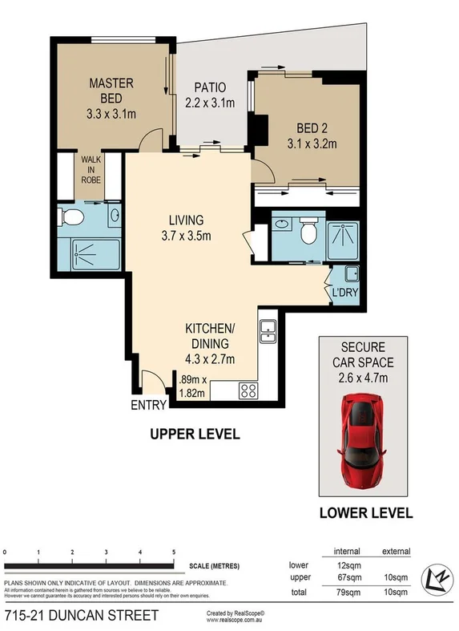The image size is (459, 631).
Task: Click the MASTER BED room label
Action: point(111,99)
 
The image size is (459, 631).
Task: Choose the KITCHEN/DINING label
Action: point(209,338)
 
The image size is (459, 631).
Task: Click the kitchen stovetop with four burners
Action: point(248,391)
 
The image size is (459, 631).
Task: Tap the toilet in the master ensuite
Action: point(70,216)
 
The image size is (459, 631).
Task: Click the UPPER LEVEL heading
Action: point(195,435)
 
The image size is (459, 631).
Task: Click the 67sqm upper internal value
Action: point(346,577)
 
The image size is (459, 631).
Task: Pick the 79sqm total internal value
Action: point(346,593)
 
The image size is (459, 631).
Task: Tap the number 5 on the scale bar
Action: point(174,552)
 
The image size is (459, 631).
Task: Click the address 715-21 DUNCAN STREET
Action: point(81,616)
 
